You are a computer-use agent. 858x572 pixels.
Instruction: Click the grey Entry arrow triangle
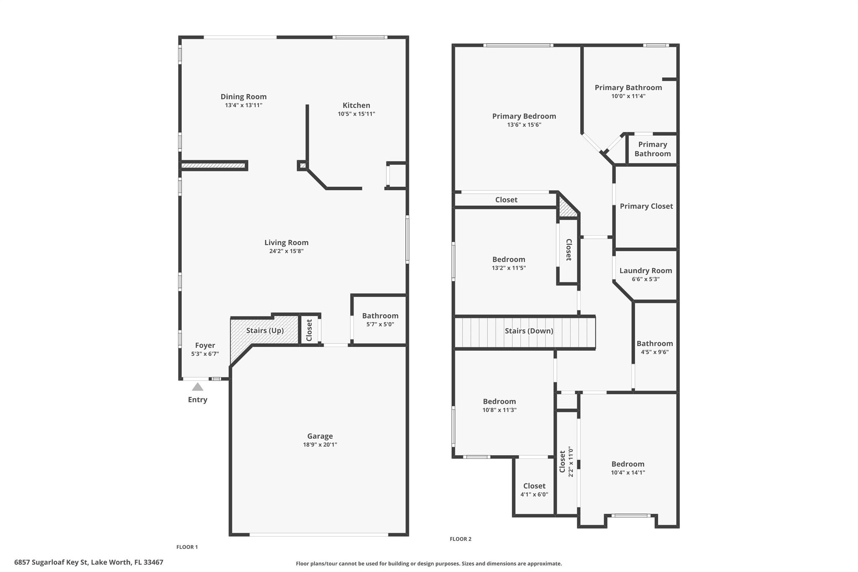pyautogui.click(x=197, y=387)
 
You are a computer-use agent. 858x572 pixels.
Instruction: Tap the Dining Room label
pyautogui.click(x=243, y=97)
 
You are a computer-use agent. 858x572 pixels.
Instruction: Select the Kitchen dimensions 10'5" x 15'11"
pyautogui.click(x=356, y=114)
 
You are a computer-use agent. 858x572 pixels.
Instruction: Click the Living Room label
pyautogui.click(x=286, y=243)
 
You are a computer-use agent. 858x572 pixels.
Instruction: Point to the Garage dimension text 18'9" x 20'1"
pyautogui.click(x=320, y=445)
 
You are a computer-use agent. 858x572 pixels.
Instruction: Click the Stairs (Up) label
pyautogui.click(x=265, y=331)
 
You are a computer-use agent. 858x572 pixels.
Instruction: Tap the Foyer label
pyautogui.click(x=205, y=345)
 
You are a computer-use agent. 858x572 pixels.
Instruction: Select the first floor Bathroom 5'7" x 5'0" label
pyautogui.click(x=380, y=316)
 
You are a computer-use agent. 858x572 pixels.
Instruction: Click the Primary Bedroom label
pyautogui.click(x=524, y=116)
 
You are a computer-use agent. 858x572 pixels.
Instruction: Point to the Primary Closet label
pyautogui.click(x=646, y=206)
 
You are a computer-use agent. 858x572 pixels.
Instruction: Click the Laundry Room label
pyautogui.click(x=645, y=271)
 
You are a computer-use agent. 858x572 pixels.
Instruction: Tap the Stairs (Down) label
pyautogui.click(x=529, y=331)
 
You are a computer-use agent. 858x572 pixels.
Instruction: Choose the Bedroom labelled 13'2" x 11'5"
pyautogui.click(x=509, y=259)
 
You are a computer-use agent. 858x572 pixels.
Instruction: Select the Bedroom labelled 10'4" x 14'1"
pyautogui.click(x=628, y=464)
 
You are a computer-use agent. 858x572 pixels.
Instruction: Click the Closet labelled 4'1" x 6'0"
pyautogui.click(x=534, y=486)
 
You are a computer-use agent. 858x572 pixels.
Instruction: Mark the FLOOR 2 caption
pyautogui.click(x=460, y=539)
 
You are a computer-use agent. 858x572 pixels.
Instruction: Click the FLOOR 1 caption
pyautogui.click(x=187, y=547)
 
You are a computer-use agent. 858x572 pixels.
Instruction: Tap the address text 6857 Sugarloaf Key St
pyautogui.click(x=88, y=562)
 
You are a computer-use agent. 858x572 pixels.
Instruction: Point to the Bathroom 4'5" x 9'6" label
pyautogui.click(x=654, y=344)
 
